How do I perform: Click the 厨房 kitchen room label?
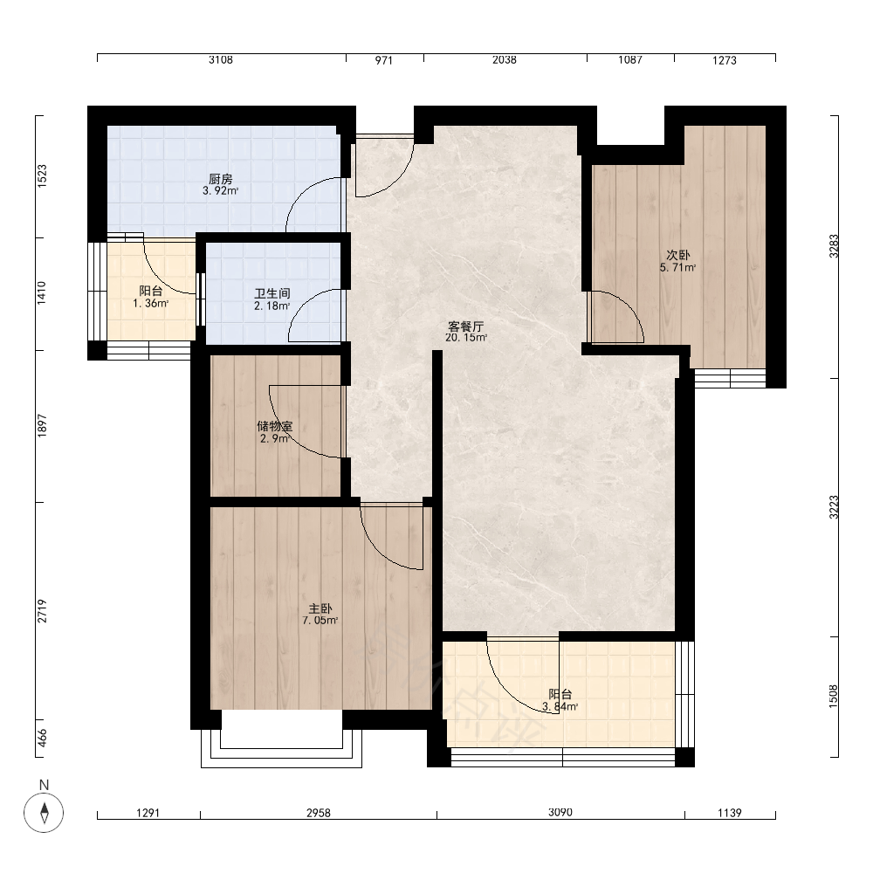pos(221,179)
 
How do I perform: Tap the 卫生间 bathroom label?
pos(272,293)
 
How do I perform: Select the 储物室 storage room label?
pos(274,426)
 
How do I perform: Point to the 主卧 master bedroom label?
pos(320,608)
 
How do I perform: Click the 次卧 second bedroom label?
pos(678,255)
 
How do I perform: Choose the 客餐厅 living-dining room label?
pos(466,327)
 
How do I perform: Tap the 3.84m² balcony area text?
pos(560,706)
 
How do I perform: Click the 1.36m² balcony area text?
pos(150,304)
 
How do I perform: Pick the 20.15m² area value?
pos(466,337)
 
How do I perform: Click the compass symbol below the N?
pos(44,813)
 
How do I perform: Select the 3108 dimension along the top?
pos(221,59)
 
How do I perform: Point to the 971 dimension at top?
pos(383,60)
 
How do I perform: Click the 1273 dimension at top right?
pos(725,60)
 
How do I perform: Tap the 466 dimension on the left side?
pos(42,738)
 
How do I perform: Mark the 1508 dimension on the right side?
pos(834,697)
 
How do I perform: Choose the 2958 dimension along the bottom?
pos(319,813)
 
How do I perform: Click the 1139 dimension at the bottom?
pos(729,813)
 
